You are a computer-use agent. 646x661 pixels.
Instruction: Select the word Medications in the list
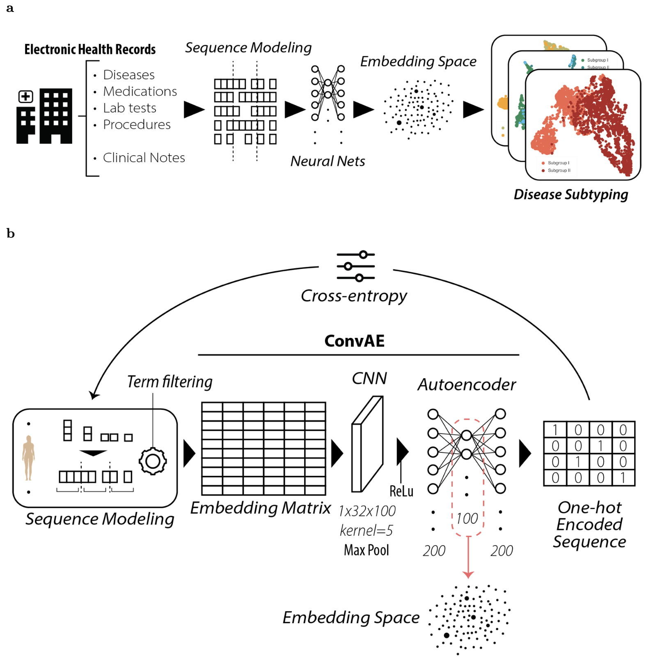pos(140,91)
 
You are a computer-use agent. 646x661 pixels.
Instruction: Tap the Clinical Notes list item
pos(144,158)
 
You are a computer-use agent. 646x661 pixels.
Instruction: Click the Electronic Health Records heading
pos(90,49)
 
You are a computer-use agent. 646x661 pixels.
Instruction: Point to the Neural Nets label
pos(328,161)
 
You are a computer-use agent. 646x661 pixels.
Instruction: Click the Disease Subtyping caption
pos(570,195)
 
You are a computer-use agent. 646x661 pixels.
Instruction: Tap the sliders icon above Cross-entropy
pos(355,266)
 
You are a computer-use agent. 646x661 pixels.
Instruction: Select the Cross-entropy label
pos(354,296)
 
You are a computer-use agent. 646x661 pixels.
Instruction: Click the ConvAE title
pos(354,341)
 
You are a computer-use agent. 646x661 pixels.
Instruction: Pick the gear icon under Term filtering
pos(153,461)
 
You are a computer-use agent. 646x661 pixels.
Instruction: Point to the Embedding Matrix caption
pos(260,508)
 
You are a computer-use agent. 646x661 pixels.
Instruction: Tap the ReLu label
pos(401,491)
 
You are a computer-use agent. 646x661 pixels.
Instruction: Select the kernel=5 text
pos(366,530)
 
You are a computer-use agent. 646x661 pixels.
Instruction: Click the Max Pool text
pos(366,550)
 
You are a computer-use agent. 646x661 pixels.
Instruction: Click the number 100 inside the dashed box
pos(467,519)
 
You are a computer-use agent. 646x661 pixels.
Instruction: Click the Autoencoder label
pos(467,385)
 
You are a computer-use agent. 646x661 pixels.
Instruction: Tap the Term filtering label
pos(170,382)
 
